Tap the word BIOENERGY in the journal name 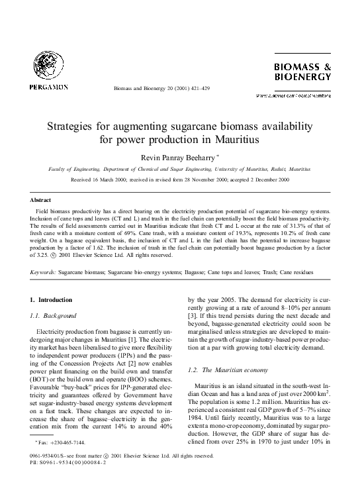(302, 77)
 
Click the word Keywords (43, 272)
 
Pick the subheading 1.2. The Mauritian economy (226, 369)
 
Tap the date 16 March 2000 (103, 179)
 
